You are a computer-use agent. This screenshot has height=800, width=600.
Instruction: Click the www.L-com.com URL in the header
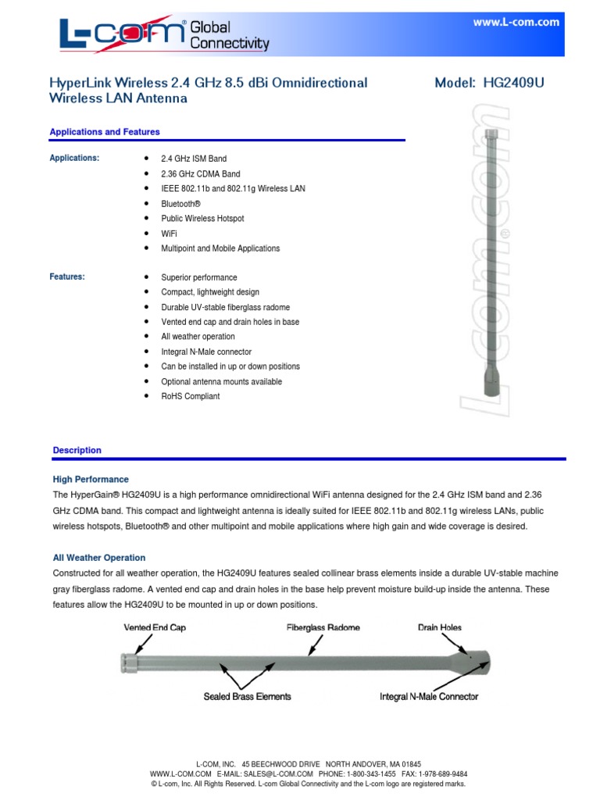516,23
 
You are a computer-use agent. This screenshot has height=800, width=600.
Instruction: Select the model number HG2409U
511,84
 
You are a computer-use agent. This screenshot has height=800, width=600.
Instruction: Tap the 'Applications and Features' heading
105,132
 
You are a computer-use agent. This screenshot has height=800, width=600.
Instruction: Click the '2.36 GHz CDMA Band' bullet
201,173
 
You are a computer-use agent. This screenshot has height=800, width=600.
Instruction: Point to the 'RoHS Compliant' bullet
191,396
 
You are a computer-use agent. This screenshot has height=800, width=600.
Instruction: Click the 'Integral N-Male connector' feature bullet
206,352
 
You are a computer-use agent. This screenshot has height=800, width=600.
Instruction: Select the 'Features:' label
67,277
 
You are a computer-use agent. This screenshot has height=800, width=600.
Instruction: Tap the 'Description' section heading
77,450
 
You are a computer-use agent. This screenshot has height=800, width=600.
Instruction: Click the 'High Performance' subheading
91,479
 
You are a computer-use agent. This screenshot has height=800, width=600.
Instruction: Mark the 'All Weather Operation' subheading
99,558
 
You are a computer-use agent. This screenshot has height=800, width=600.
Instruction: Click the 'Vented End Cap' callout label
155,627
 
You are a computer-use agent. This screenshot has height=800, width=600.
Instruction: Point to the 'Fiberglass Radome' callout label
323,627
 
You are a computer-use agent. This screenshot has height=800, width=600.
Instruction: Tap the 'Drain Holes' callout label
440,627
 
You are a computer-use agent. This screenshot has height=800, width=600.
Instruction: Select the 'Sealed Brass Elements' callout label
248,696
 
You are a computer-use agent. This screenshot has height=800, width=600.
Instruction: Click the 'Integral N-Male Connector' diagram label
429,696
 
